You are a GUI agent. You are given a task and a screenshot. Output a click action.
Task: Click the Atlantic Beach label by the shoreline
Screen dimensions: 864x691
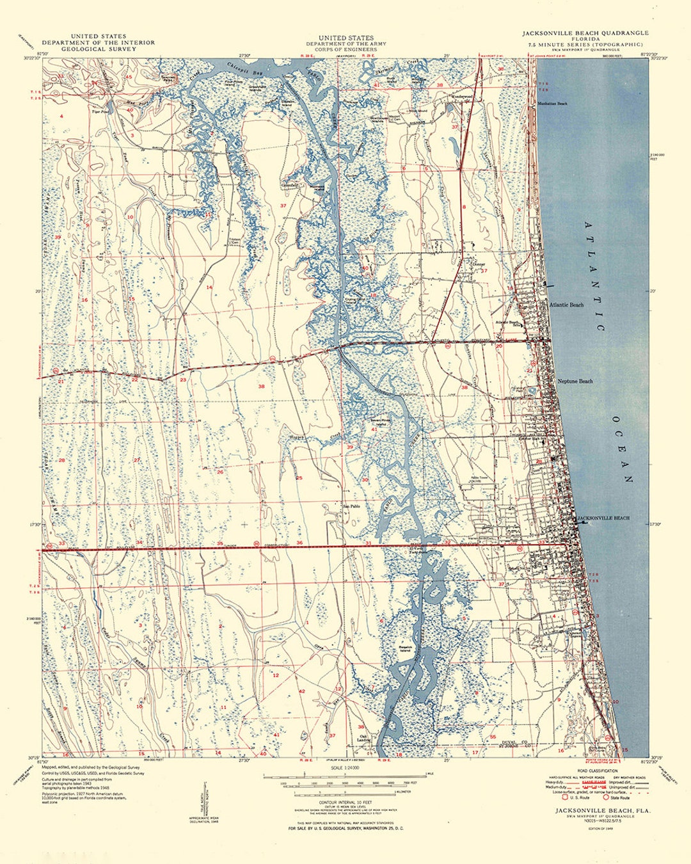pos(566,305)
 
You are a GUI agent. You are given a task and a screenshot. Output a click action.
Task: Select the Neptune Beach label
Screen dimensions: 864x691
pos(575,381)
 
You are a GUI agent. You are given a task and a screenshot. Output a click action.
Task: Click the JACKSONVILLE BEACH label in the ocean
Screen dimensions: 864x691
pos(603,518)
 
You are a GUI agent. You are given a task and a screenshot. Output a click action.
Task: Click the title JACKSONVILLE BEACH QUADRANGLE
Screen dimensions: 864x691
pos(585,33)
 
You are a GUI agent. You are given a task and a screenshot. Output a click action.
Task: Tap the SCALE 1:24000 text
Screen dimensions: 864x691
pos(345,767)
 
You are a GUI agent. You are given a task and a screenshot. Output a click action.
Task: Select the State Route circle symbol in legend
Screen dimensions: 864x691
pos(606,797)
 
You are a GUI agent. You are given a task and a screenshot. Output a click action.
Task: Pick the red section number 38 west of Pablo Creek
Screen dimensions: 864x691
pos(261,386)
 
